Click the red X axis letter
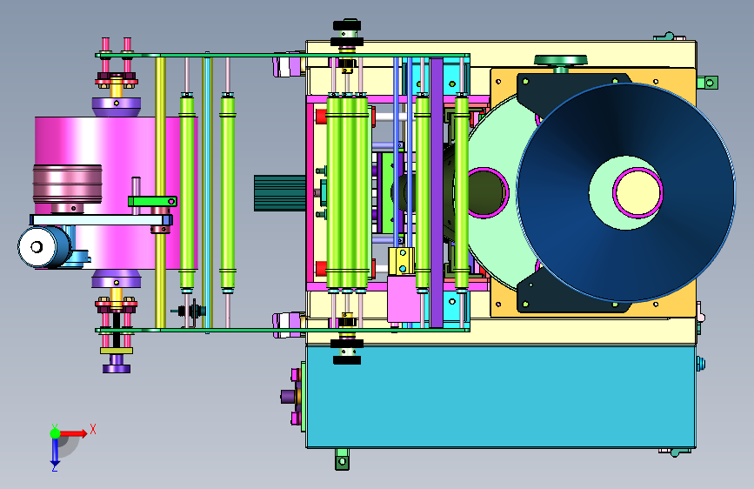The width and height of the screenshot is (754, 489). point(93,429)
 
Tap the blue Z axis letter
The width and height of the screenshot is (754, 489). point(55,467)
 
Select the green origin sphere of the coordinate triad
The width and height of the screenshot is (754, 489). point(56,433)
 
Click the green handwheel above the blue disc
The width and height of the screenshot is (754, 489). point(561,61)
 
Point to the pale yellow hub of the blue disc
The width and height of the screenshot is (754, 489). point(637,192)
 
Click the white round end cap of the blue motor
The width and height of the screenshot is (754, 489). point(37,247)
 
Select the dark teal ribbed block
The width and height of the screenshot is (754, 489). point(280,193)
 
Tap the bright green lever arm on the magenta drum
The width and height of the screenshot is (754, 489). point(152,201)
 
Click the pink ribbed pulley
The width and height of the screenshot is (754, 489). point(67,184)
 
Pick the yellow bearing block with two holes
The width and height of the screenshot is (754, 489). point(402,261)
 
